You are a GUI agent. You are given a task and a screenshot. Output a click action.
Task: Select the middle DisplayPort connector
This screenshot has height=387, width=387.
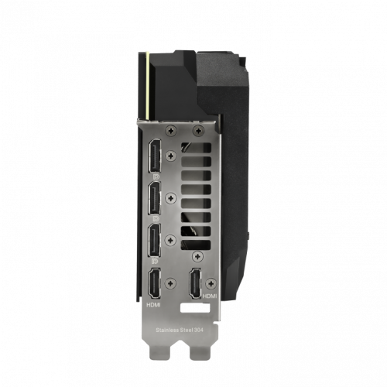[x=155, y=198]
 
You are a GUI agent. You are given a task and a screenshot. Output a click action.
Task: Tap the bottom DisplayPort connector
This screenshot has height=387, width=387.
[x=155, y=240]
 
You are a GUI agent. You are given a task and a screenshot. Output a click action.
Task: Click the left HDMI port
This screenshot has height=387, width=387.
[x=154, y=283]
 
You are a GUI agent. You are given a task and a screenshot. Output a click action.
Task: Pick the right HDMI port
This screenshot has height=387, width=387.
[x=196, y=283]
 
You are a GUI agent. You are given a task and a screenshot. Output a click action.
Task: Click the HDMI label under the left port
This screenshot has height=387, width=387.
[x=153, y=305]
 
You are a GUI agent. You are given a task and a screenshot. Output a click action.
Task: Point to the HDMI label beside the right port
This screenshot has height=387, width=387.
[x=210, y=296]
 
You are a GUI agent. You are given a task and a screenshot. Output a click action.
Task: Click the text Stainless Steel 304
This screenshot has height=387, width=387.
[x=180, y=330]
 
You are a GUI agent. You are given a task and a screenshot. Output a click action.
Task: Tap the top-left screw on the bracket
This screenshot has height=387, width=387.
[x=171, y=131]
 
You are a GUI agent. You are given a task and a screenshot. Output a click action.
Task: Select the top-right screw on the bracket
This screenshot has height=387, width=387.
[x=198, y=131]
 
